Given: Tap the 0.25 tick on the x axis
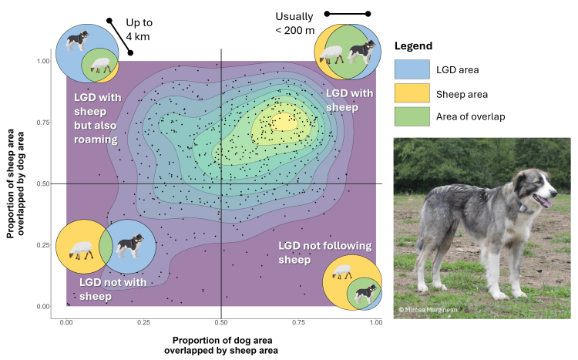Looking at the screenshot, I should (143, 315).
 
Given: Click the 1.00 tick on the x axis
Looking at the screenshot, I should (375, 315).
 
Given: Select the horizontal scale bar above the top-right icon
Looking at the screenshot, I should (347, 14).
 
